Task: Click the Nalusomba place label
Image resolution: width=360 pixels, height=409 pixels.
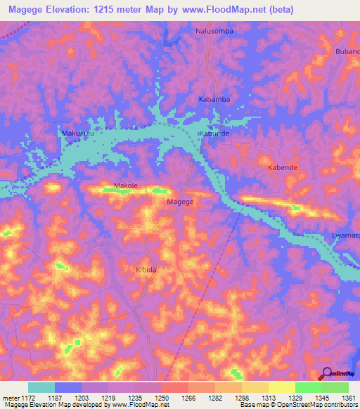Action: [x=214, y=32]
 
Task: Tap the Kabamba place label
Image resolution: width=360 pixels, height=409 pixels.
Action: [x=214, y=99]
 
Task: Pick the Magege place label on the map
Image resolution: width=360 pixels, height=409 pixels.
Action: [x=179, y=202]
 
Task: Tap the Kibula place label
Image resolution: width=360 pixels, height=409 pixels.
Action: [x=144, y=270]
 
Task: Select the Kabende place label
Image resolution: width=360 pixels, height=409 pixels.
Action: [x=283, y=169]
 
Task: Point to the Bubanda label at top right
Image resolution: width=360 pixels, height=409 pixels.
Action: [x=347, y=52]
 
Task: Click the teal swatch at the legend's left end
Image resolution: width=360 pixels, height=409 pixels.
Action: [x=41, y=387]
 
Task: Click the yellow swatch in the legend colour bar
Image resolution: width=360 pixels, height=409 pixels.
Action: [x=282, y=387]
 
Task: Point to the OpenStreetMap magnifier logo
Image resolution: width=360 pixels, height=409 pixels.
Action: [x=327, y=374]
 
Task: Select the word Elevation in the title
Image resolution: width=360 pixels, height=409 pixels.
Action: [x=67, y=10]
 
